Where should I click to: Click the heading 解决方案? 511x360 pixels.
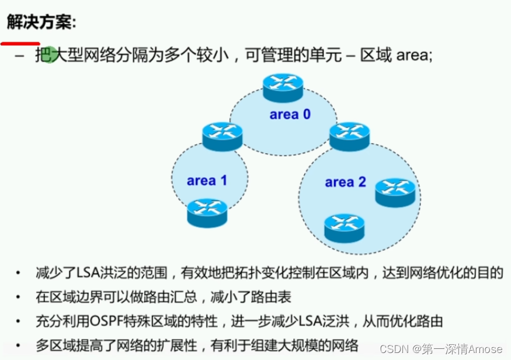pos(41,22)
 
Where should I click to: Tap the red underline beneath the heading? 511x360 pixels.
pos(20,43)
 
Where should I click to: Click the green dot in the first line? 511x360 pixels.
pos(50,55)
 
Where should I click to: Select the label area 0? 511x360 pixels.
pos(290,114)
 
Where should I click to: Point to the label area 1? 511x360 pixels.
pos(207,181)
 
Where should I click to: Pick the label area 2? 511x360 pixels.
pos(345,182)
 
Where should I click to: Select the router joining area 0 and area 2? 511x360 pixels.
pos(349,136)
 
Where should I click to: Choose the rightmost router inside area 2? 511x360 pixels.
pos(395,192)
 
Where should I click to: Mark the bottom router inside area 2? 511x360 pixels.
pos(344,227)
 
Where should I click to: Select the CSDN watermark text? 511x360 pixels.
pos(394,348)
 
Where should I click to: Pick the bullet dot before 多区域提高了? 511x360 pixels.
pos(19,345)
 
